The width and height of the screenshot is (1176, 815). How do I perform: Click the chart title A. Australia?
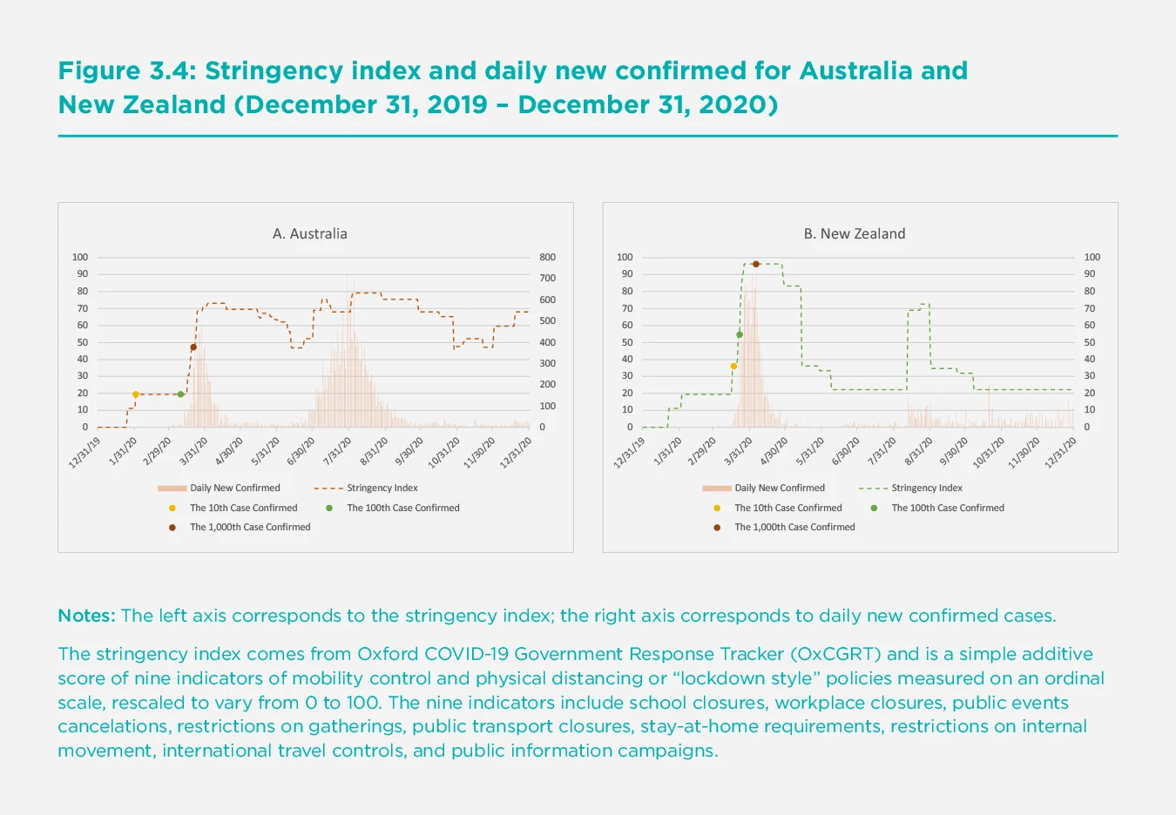[x=309, y=233]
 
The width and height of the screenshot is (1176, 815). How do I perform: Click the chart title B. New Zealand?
[x=854, y=233]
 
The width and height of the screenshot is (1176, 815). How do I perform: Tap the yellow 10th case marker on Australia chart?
[x=135, y=394]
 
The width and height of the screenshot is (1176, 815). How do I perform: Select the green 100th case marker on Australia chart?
[x=180, y=394]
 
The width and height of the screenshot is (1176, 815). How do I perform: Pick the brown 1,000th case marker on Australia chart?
[x=193, y=347]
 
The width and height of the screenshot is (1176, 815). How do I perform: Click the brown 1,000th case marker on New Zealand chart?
[x=755, y=264]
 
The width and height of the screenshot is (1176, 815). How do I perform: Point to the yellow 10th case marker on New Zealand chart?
[x=733, y=367]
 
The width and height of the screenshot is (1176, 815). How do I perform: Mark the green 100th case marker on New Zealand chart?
[x=740, y=334]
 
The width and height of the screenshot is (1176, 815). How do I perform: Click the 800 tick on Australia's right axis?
[x=547, y=258]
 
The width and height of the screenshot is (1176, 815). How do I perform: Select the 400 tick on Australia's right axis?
[x=547, y=342]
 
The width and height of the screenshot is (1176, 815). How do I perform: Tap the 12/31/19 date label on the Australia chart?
[x=85, y=453]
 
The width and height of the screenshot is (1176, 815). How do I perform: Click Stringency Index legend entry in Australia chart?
[x=382, y=488]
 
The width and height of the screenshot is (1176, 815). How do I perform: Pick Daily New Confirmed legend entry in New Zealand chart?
[x=779, y=488]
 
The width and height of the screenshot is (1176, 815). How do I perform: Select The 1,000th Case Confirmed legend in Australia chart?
[x=250, y=527]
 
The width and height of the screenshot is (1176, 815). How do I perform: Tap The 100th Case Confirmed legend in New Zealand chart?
[x=947, y=508]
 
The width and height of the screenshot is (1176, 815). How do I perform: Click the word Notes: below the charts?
[x=86, y=616]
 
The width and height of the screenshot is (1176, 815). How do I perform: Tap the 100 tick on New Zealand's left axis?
[x=625, y=258]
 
